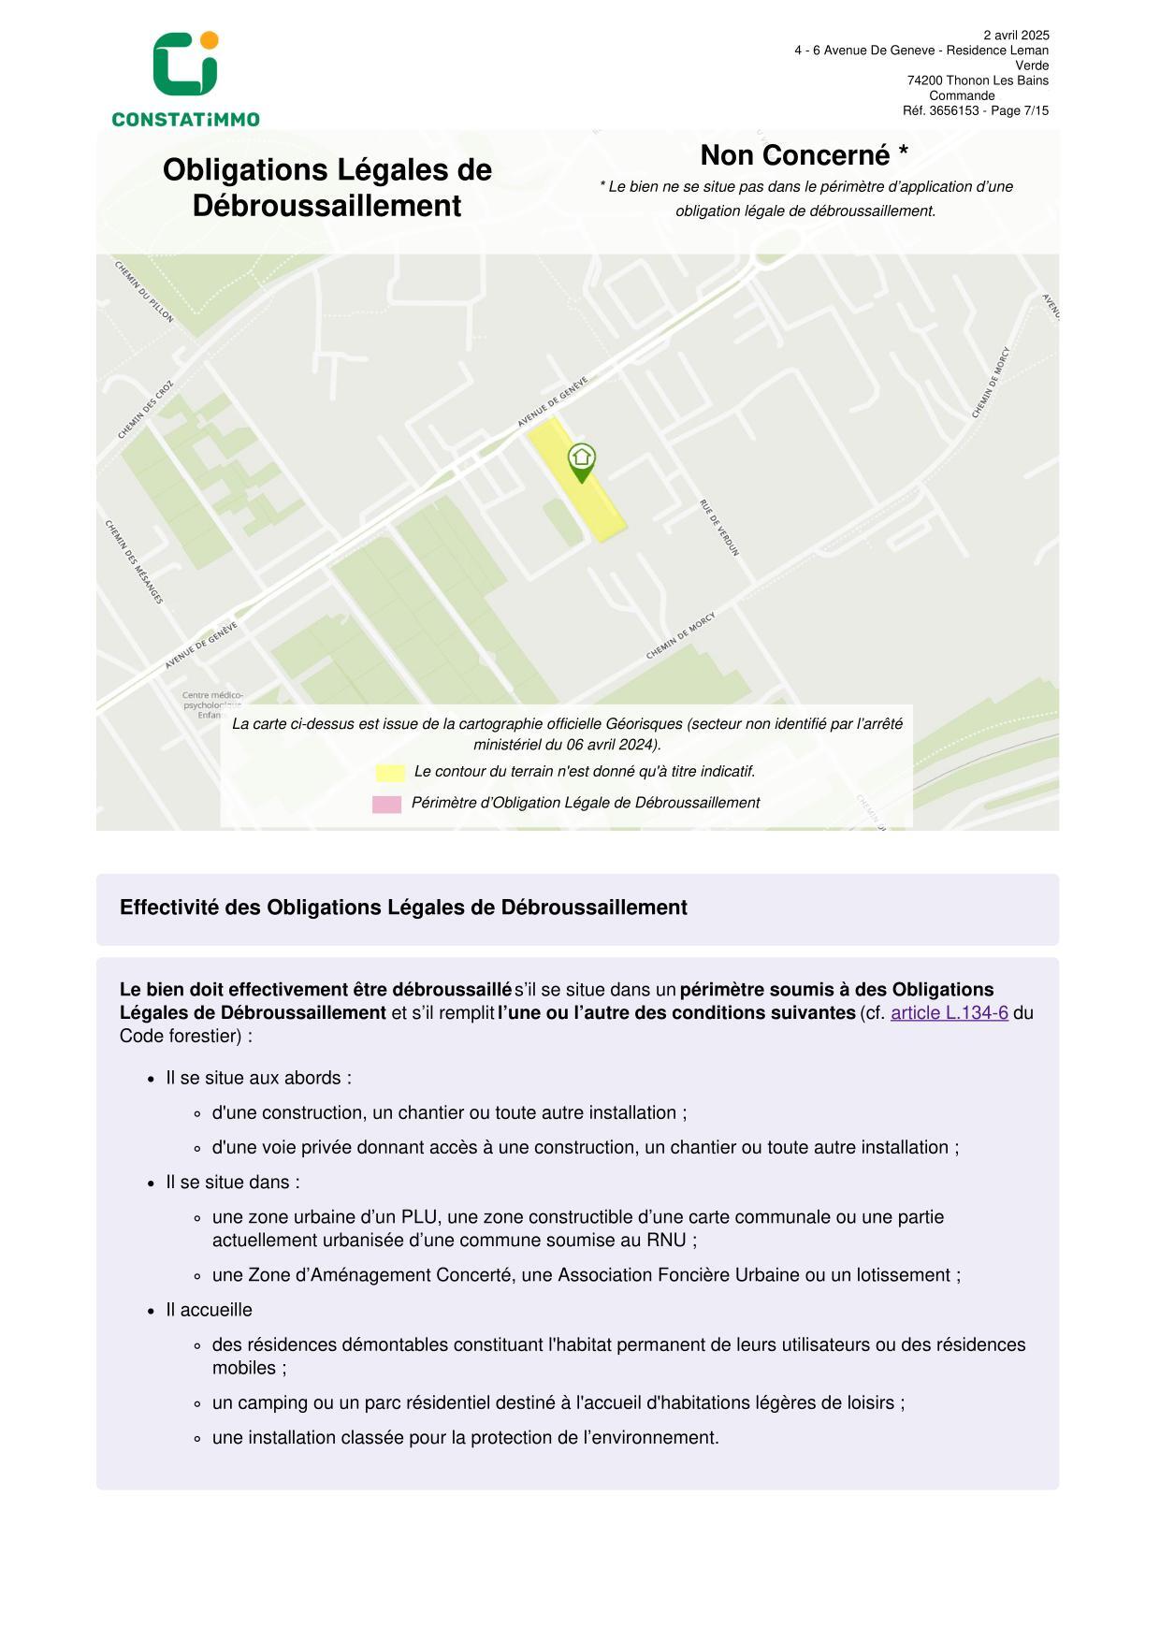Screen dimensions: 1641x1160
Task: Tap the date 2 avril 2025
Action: tap(1016, 36)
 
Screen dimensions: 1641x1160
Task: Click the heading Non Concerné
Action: tap(804, 155)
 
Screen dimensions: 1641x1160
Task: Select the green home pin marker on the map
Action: tap(582, 461)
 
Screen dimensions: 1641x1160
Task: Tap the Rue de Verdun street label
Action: tap(719, 528)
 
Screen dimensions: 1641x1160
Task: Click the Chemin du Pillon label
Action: tap(144, 292)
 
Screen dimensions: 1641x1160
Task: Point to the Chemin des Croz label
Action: tap(146, 410)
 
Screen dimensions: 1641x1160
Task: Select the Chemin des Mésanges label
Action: tap(134, 561)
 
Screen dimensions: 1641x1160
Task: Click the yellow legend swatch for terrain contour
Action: tap(390, 773)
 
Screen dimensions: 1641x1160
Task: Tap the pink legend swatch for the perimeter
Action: tap(386, 804)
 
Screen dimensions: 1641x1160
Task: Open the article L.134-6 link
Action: tap(949, 1012)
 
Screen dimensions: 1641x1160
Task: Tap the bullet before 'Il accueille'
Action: tap(151, 1311)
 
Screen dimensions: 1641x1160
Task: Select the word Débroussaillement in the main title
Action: tap(326, 206)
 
